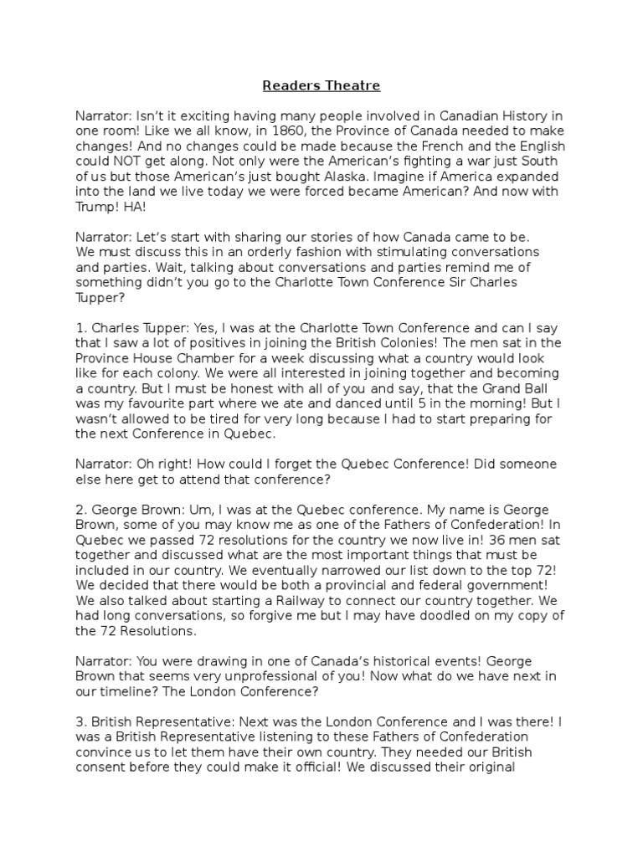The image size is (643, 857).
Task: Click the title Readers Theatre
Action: point(321,85)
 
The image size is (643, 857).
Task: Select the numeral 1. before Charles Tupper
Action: point(80,328)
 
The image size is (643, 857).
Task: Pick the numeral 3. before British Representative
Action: point(80,721)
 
